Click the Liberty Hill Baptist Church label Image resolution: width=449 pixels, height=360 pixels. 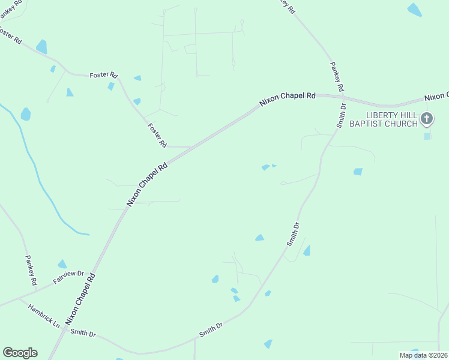pyautogui.click(x=392, y=119)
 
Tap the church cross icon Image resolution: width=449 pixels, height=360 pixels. pyautogui.click(x=426, y=118)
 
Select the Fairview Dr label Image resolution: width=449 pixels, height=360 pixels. pyautogui.click(x=68, y=277)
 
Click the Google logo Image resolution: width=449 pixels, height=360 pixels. pyautogui.click(x=20, y=353)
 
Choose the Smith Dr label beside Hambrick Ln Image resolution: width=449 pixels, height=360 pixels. pyautogui.click(x=83, y=332)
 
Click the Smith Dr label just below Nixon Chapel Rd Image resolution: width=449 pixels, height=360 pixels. pyautogui.click(x=341, y=116)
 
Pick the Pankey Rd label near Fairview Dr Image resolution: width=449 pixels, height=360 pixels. pyautogui.click(x=31, y=270)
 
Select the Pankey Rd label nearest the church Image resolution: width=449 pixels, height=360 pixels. pyautogui.click(x=337, y=76)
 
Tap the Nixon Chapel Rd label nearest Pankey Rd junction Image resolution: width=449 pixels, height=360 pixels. pyautogui.click(x=288, y=99)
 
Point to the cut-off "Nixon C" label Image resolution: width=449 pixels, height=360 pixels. pyautogui.click(x=436, y=95)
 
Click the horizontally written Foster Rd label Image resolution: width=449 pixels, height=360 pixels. pyautogui.click(x=103, y=75)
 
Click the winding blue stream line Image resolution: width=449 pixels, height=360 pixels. pyautogui.click(x=42, y=186)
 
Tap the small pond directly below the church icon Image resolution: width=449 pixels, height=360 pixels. pyautogui.click(x=427, y=136)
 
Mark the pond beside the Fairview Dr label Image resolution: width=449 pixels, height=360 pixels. pyautogui.click(x=62, y=264)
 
